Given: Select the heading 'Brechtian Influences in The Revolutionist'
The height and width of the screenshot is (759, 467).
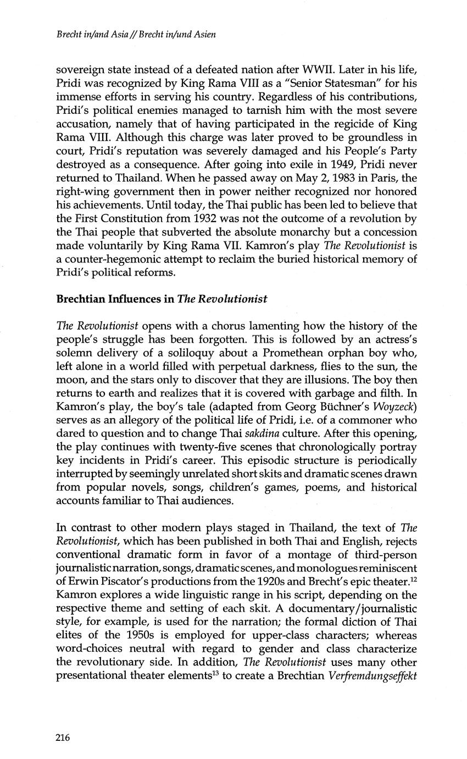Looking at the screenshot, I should [x=162, y=299].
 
